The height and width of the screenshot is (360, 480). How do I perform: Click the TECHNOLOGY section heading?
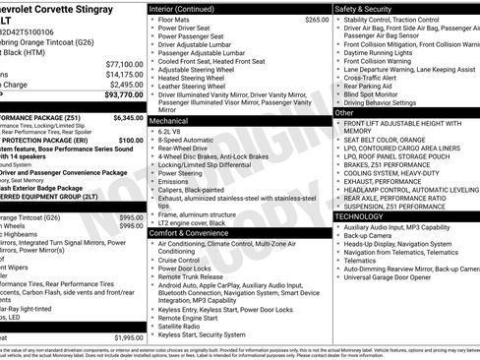(x=366, y=215)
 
